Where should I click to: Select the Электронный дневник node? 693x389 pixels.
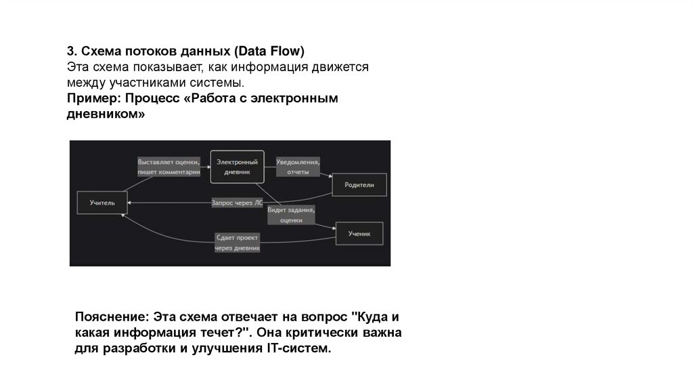coord(237,167)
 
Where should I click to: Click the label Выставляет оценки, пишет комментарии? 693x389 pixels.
coord(168,167)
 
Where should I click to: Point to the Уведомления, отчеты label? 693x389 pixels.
coord(298,167)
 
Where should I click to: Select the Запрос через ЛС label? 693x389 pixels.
coord(237,202)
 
